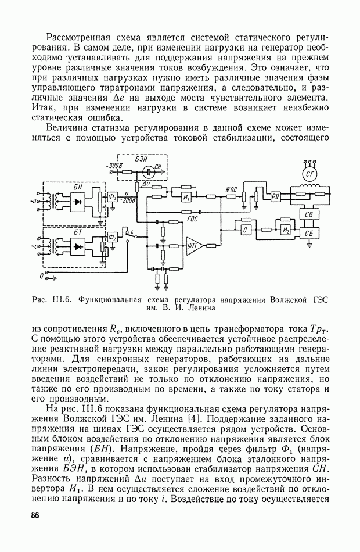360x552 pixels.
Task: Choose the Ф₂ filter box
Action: point(112,237)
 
